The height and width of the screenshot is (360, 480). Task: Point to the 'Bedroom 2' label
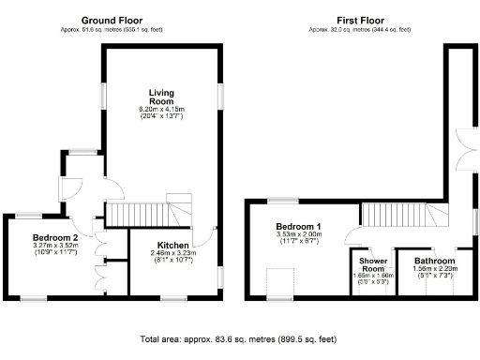(54, 238)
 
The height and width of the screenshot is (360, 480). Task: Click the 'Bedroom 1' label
(299, 227)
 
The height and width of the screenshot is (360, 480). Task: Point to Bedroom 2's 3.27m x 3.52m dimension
(54, 247)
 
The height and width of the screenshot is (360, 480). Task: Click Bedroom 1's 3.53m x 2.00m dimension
(299, 237)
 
